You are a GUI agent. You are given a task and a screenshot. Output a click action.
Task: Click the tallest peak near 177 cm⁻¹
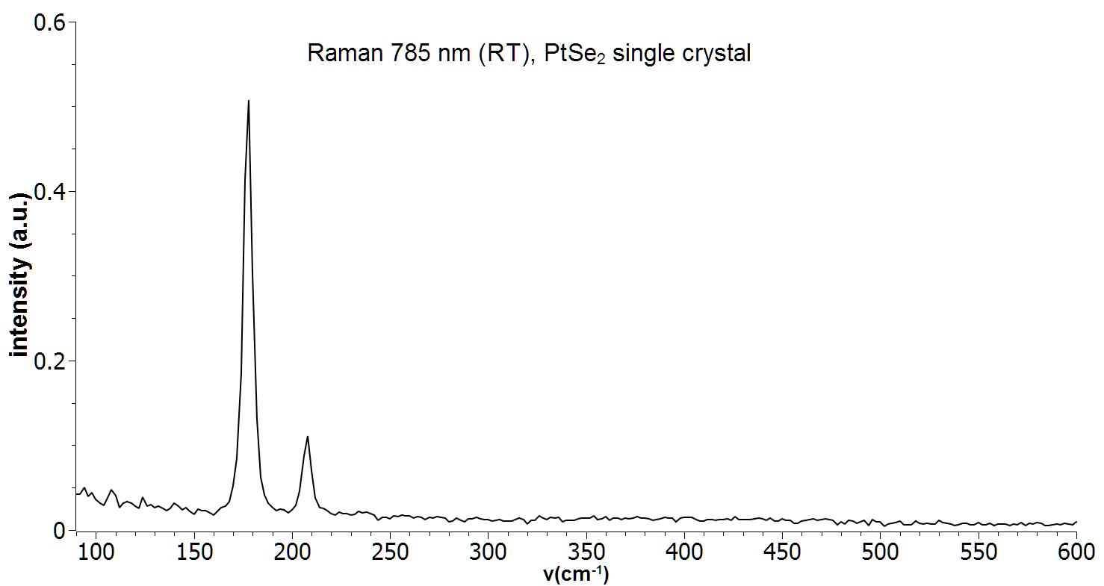[248, 101]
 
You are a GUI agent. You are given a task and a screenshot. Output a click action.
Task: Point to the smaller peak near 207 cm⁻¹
[307, 437]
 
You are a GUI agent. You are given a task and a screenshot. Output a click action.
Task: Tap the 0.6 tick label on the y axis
[50, 22]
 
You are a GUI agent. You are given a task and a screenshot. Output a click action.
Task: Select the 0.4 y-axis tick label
[50, 192]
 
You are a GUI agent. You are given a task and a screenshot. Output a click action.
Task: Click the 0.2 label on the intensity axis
[50, 361]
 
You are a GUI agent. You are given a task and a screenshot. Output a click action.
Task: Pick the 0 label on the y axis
[60, 531]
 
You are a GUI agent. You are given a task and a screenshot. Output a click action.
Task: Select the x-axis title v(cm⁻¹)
[575, 575]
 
